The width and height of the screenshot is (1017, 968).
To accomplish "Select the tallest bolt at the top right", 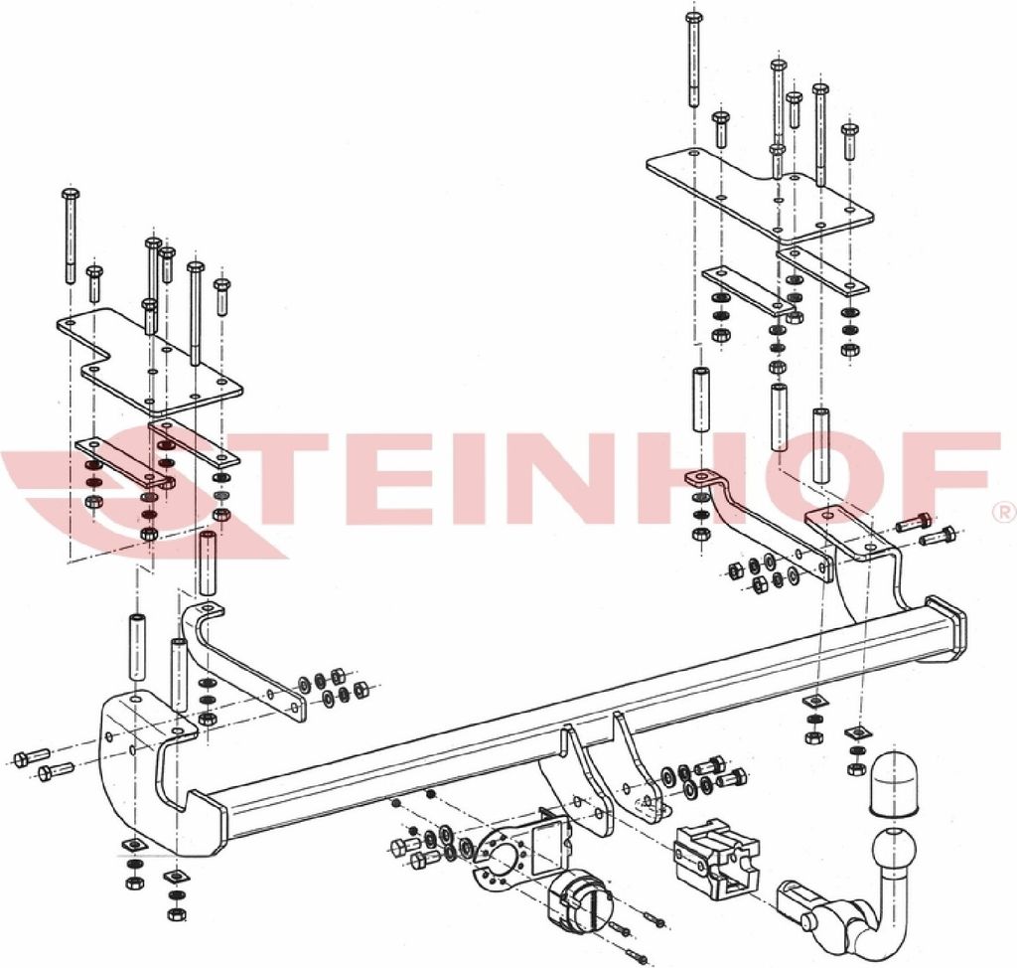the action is click(x=693, y=59).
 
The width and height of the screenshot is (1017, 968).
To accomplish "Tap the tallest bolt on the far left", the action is click(x=71, y=237).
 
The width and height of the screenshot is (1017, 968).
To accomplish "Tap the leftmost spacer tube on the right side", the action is click(x=702, y=400).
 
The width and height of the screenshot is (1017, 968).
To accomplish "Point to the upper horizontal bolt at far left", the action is click(x=31, y=756).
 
